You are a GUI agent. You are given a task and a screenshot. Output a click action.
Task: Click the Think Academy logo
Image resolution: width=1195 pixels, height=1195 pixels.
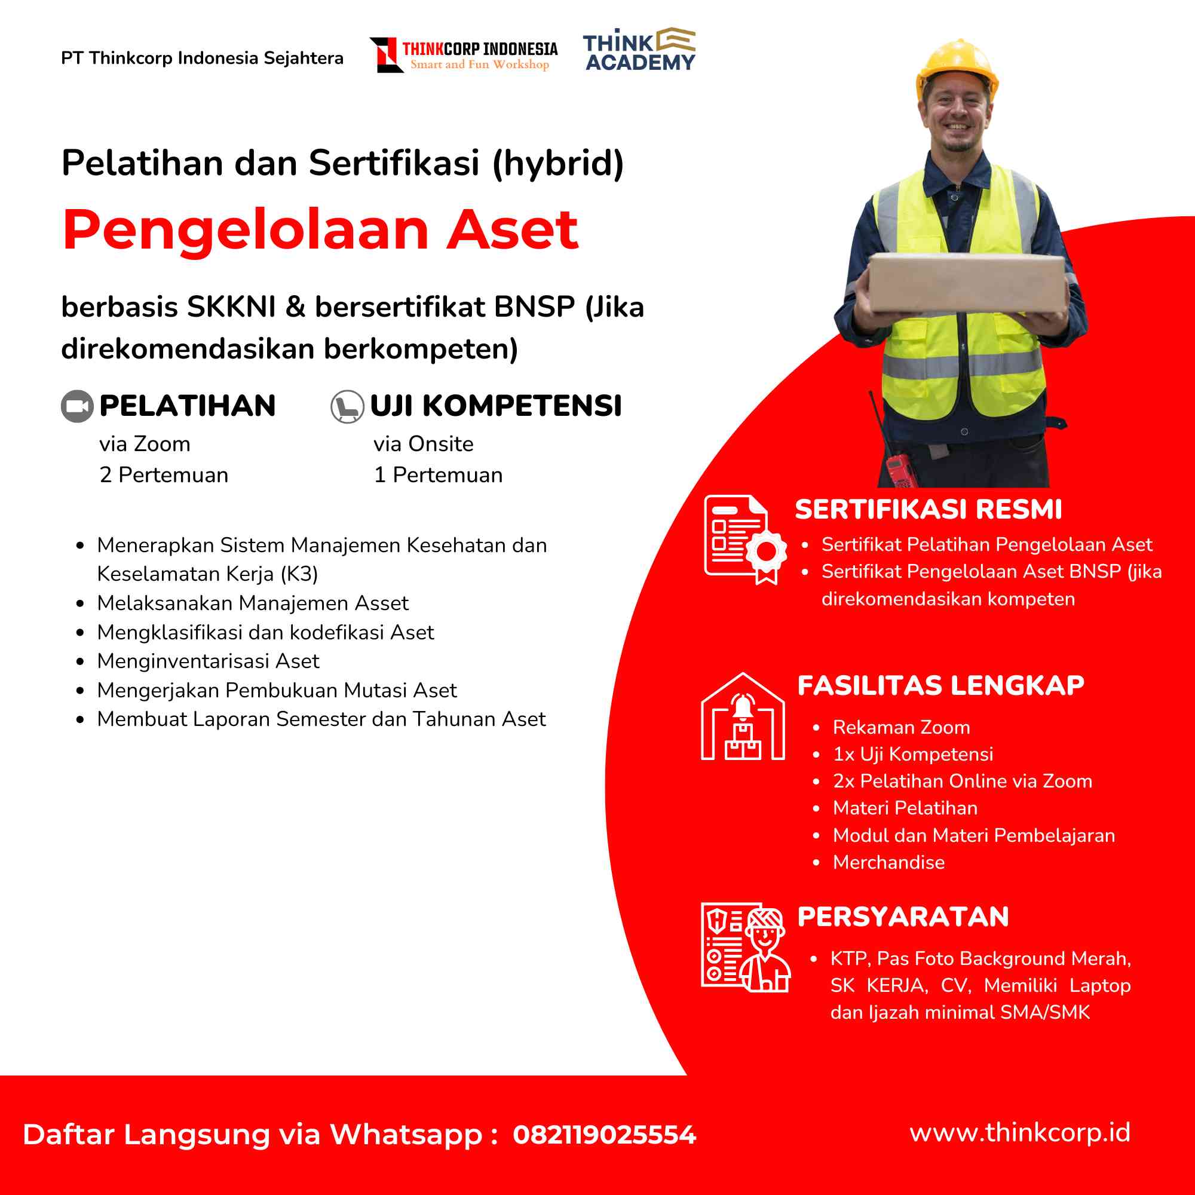pos(639,50)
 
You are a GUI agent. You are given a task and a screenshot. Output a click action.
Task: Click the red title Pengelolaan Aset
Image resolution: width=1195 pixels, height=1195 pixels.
pos(320,229)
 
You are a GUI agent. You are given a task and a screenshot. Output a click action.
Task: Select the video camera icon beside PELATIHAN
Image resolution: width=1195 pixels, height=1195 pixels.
pos(77,406)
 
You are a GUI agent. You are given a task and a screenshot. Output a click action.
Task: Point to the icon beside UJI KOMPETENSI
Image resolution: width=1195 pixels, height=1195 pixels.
pos(347,406)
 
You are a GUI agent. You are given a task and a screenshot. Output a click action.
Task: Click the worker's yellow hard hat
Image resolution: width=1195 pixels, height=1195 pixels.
pos(957,68)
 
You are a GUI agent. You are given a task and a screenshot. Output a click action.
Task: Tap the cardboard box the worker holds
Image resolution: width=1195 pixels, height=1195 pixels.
pos(966,283)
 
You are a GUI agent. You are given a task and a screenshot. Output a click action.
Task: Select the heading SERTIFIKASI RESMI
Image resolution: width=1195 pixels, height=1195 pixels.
pos(928,510)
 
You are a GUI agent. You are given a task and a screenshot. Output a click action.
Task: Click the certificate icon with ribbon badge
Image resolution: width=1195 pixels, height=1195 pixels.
pos(744,540)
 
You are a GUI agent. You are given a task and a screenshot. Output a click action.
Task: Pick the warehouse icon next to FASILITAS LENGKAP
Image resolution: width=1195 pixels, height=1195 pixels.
pos(743,717)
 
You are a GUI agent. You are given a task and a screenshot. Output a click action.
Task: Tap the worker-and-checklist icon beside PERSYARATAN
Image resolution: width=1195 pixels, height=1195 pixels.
pos(745,947)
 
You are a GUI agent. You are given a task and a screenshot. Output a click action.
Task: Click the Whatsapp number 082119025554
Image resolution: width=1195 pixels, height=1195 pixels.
pos(604,1135)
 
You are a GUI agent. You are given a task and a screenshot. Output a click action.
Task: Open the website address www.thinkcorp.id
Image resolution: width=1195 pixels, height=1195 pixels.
pos(1020,1132)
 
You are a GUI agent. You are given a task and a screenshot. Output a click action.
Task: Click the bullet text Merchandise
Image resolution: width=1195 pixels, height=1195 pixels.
pos(888,862)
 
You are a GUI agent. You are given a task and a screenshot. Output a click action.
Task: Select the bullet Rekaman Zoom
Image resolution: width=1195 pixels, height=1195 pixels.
pos(901,727)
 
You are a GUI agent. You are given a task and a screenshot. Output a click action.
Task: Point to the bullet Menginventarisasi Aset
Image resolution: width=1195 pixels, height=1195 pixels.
pos(208,661)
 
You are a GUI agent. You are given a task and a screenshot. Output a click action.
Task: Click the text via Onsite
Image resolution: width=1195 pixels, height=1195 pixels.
pos(423,444)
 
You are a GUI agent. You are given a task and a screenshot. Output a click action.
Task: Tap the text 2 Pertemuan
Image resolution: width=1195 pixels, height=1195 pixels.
pos(164,475)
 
